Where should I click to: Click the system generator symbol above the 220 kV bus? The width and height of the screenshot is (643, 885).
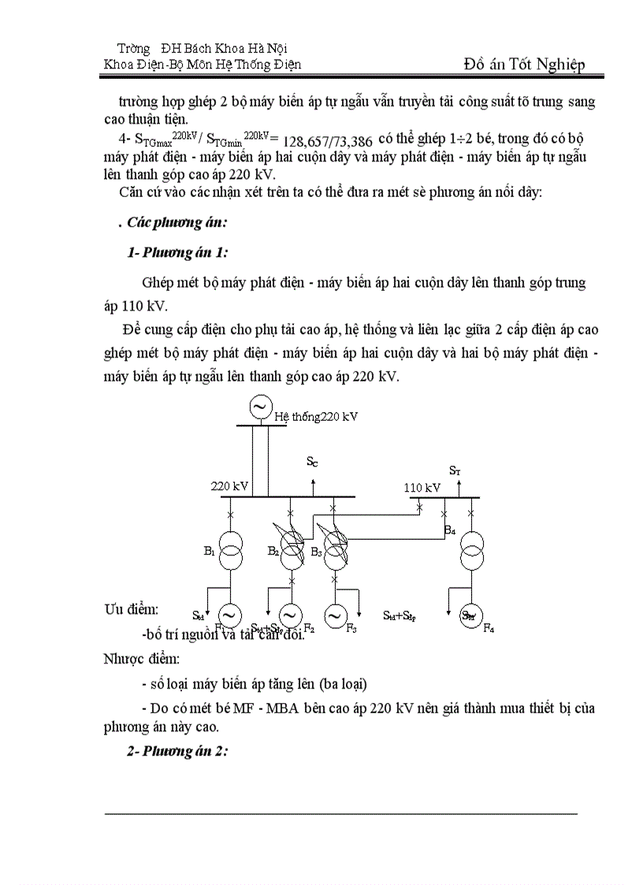click(258, 407)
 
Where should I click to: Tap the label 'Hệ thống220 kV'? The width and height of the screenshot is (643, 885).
click(316, 416)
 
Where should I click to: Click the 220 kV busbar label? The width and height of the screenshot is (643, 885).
click(229, 486)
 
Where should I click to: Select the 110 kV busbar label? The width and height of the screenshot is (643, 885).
click(422, 488)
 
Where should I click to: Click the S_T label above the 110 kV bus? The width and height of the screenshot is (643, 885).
click(455, 470)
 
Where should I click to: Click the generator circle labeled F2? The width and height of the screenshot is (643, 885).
click(291, 615)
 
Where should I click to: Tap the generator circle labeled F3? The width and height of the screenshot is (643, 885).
click(336, 615)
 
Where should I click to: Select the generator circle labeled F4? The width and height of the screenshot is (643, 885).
click(471, 615)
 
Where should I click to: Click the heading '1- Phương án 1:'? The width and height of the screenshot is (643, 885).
click(178, 252)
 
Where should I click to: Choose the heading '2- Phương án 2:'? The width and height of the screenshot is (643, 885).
click(177, 751)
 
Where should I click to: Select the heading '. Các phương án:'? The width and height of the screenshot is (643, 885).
click(166, 222)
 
